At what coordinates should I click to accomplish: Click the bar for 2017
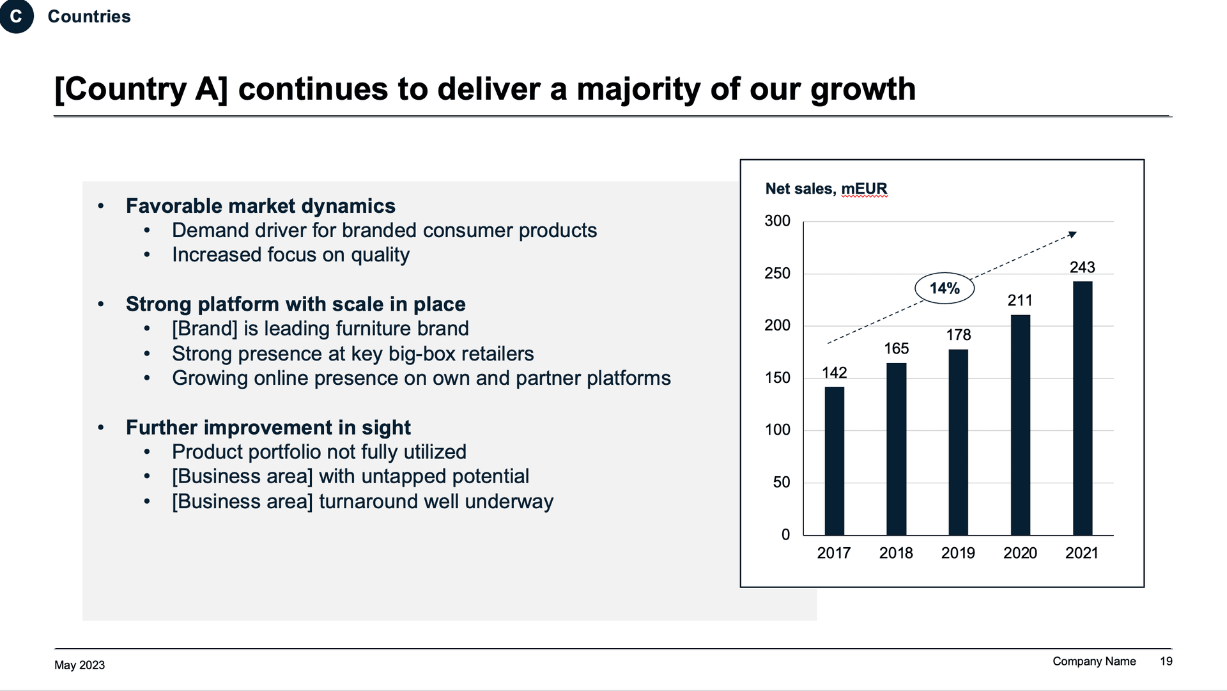click(834, 460)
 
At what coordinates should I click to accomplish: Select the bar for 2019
click(958, 442)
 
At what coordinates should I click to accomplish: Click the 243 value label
click(1082, 267)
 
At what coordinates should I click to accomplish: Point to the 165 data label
click(896, 348)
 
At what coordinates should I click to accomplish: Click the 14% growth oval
click(945, 288)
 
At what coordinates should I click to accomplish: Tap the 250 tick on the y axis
click(777, 274)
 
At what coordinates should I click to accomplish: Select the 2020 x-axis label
click(1019, 553)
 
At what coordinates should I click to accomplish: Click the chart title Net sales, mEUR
click(826, 189)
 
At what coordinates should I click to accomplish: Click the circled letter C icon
click(16, 16)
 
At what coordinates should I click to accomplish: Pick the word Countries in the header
click(89, 17)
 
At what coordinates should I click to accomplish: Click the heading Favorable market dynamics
click(260, 206)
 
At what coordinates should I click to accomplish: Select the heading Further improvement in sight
click(268, 427)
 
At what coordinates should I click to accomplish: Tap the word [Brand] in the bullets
click(204, 329)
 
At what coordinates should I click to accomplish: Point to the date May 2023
click(79, 665)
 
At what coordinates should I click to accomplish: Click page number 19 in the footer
click(1166, 661)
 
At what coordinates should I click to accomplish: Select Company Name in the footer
click(1093, 661)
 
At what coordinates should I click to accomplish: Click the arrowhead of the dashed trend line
click(1073, 235)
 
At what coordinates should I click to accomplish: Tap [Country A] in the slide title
click(141, 89)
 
